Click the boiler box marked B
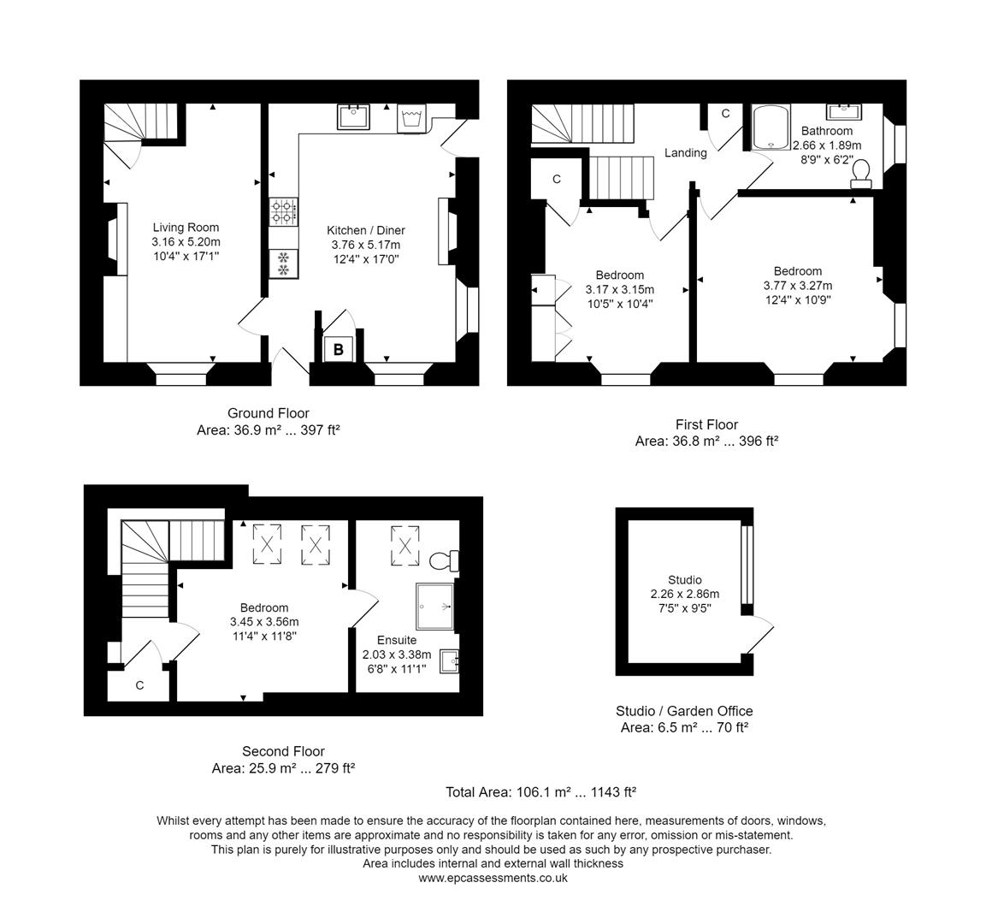[x=338, y=349]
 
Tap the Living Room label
[x=186, y=228]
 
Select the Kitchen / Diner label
[x=366, y=230]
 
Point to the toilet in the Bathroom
[x=861, y=174]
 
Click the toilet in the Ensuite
[x=444, y=561]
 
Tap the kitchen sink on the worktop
[x=353, y=116]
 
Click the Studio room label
[x=685, y=579]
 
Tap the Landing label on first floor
[x=686, y=153]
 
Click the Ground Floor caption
[x=269, y=413]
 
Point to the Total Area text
[x=540, y=792]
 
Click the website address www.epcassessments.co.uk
[x=493, y=878]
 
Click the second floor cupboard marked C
[x=139, y=685]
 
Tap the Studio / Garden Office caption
[x=684, y=711]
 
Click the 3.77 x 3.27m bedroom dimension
[x=797, y=286]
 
